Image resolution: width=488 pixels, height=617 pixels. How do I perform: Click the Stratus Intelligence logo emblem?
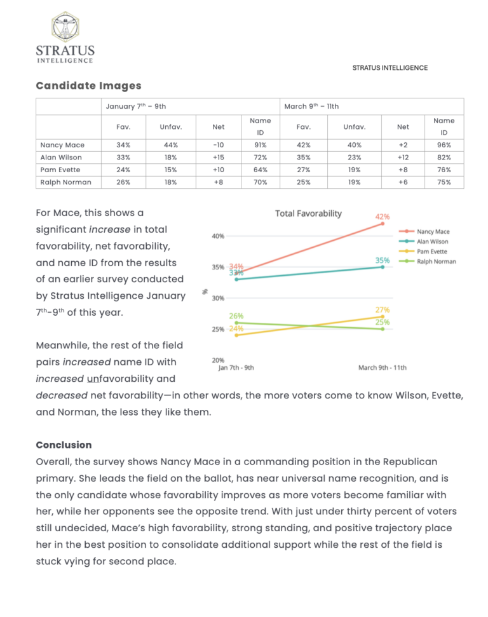[x=65, y=27]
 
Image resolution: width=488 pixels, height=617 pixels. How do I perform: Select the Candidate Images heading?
[x=88, y=86]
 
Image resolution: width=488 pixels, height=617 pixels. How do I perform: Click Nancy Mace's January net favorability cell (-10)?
[x=219, y=145]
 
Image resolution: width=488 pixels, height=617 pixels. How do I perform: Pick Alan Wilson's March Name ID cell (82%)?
[x=444, y=158]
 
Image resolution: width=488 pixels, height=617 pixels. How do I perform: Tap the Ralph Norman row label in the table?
[x=65, y=182]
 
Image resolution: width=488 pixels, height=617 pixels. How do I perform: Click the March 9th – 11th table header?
[x=311, y=106]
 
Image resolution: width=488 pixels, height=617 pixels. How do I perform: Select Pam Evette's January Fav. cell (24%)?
[x=123, y=170]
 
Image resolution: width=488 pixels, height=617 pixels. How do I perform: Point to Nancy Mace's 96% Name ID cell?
[x=444, y=145]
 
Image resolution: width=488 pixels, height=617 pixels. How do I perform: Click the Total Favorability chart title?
[x=308, y=214]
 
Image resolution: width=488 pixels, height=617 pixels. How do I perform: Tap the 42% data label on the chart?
[x=382, y=217]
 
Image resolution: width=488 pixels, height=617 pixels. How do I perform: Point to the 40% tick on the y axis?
[x=218, y=236]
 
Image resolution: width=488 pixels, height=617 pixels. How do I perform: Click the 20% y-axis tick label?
[x=218, y=360]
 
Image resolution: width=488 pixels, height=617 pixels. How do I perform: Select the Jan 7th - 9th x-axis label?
[x=236, y=367]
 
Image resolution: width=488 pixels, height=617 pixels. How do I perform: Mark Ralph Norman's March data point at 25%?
[x=383, y=329]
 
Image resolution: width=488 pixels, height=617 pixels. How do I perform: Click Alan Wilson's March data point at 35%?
[x=383, y=267]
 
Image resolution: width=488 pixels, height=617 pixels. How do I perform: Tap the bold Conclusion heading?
[x=64, y=445]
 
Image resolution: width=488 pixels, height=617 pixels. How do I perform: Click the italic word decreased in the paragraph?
[x=62, y=395]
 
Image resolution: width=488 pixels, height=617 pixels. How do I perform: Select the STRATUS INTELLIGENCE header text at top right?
[x=390, y=68]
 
